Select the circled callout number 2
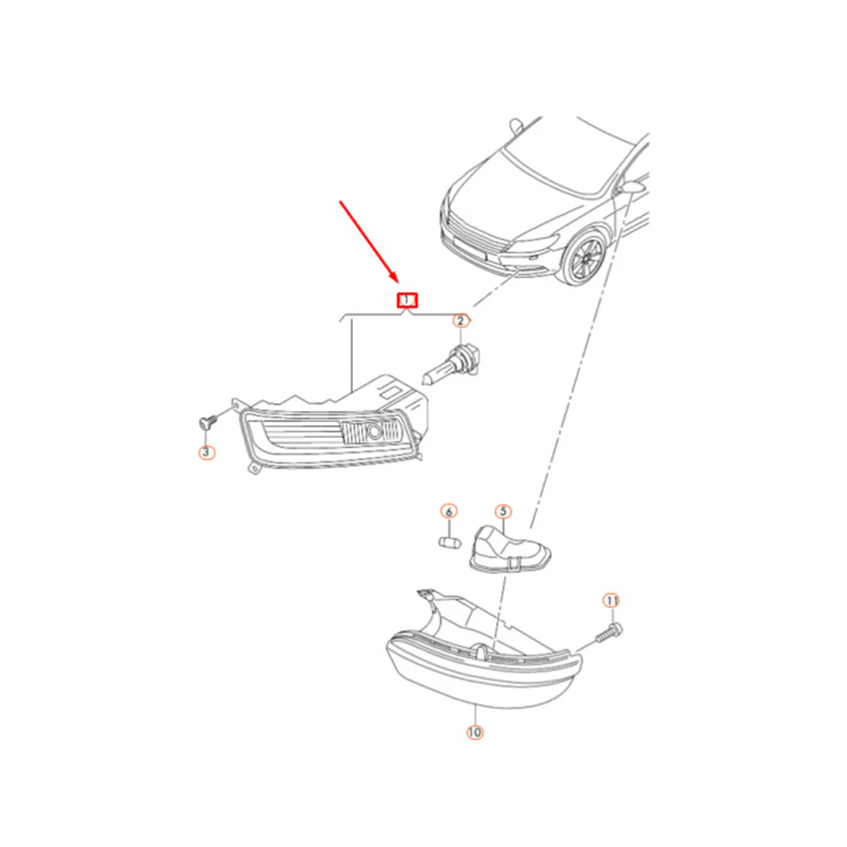(460, 322)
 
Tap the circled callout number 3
(205, 452)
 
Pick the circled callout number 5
(503, 511)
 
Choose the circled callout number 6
(449, 511)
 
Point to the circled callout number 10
(474, 733)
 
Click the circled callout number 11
(611, 601)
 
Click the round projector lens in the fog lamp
(371, 431)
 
